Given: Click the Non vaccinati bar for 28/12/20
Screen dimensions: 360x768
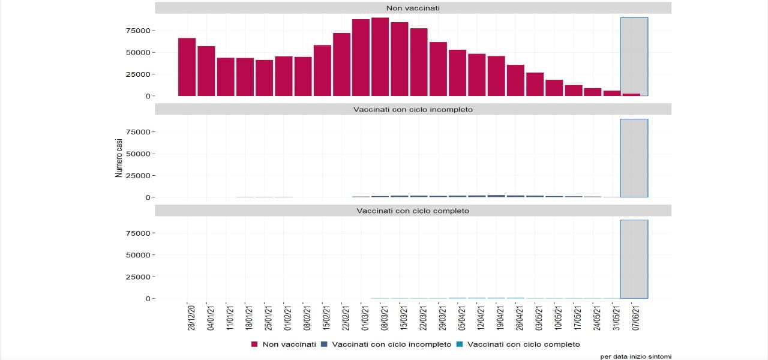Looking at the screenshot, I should pos(187,67).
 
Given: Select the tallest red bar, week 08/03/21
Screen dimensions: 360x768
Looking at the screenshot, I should pos(380,57).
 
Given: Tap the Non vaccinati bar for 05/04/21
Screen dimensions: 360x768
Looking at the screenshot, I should pos(457,73).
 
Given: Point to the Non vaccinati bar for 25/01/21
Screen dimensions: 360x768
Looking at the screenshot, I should pos(264,78).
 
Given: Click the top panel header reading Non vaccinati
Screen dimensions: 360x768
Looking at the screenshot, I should pos(413,8).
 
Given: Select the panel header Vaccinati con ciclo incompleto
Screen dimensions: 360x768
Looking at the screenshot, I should pos(413,109).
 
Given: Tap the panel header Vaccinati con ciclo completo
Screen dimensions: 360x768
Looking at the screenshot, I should pos(413,211).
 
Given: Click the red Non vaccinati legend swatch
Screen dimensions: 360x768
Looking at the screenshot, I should pos(254,344).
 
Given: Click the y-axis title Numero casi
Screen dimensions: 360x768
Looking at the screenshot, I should pos(119,158).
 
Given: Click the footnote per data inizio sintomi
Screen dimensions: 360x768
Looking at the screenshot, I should pos(635,356).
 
